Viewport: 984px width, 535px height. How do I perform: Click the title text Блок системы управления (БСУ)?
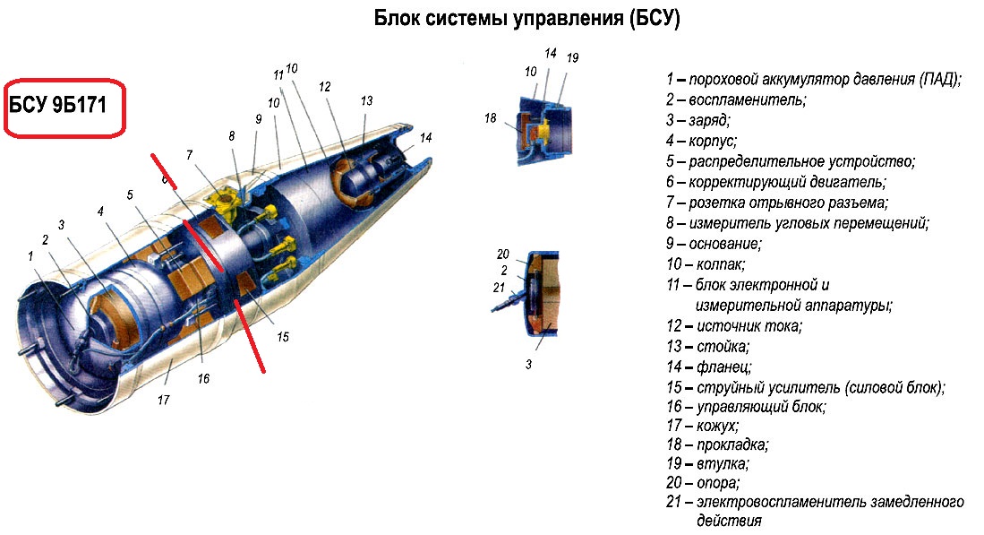point(526,18)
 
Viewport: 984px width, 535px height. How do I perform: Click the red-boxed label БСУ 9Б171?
point(57,104)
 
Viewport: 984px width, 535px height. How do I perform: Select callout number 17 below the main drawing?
point(163,400)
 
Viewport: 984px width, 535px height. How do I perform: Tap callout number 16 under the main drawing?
point(203,379)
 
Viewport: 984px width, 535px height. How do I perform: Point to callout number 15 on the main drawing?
point(283,337)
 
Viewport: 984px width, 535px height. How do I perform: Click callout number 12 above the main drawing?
point(324,87)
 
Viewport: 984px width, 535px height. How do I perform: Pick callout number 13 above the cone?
point(366,100)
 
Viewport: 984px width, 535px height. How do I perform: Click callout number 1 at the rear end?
point(30,256)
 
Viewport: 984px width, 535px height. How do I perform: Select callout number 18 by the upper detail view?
point(490,118)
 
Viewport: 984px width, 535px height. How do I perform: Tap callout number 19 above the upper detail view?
point(572,57)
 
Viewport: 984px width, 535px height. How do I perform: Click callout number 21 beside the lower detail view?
point(499,288)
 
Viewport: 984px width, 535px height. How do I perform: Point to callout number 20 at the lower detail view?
point(502,255)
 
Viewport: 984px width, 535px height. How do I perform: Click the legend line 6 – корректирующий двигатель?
point(775,183)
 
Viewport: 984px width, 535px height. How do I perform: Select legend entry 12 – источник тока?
point(733,326)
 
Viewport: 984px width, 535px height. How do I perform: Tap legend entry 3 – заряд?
point(697,121)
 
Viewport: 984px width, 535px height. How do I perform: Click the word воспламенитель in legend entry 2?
point(747,100)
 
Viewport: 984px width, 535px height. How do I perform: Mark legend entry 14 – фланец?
point(708,367)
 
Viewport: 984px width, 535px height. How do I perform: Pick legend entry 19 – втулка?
point(707,464)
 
